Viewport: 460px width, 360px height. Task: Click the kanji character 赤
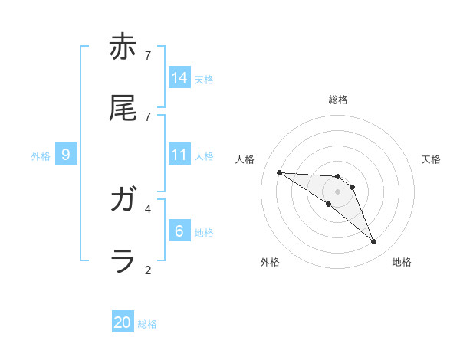(123, 48)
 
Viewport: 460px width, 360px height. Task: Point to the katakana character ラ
(123, 261)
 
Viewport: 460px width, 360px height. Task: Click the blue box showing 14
(179, 77)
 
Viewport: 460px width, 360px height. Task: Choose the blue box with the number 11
(179, 154)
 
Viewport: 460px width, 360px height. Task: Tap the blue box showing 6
(179, 231)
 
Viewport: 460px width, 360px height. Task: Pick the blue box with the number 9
(66, 154)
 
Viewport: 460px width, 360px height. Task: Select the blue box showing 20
(123, 322)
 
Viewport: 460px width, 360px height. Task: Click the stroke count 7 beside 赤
(148, 55)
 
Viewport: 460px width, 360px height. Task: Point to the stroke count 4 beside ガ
(148, 208)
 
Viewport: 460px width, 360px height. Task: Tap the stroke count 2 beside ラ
(148, 270)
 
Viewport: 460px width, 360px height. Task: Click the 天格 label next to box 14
(204, 79)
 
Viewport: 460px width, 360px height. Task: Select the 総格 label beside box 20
(147, 324)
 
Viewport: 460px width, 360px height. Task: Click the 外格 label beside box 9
(41, 156)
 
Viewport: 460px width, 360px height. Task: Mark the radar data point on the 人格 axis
(279, 172)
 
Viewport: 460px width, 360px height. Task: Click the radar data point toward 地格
(374, 242)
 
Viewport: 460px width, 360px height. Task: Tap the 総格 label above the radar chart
(338, 100)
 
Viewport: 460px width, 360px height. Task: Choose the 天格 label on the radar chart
(431, 159)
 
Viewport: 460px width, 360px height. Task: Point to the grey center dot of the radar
(337, 191)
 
